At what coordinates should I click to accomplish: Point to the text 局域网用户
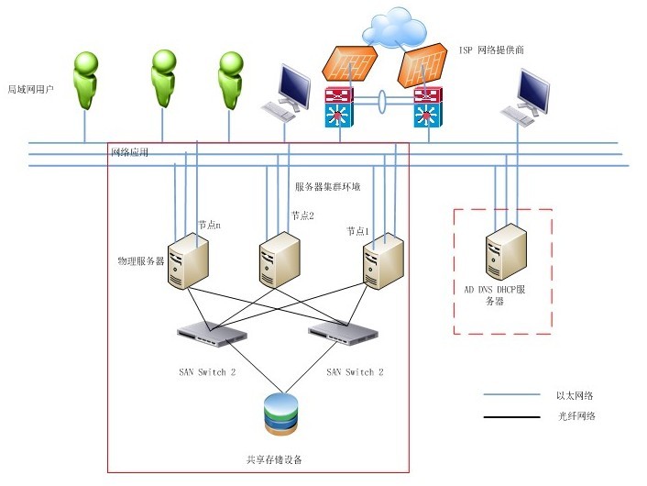(31, 90)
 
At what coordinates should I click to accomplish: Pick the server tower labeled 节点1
(381, 260)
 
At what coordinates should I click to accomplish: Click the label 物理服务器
(141, 261)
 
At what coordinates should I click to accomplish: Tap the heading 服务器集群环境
(327, 186)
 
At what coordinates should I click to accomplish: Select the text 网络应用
(129, 152)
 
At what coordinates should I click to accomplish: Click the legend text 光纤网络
(576, 415)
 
